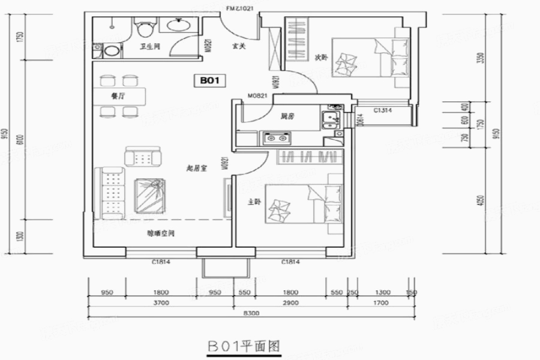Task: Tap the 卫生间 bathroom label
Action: [x=149, y=46]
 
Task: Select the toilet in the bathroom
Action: [x=143, y=29]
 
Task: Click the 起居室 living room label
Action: [x=196, y=170]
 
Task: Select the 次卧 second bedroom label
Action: [x=321, y=58]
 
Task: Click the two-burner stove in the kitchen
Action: [x=275, y=139]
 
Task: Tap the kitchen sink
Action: [x=329, y=118]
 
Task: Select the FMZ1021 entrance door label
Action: [x=241, y=8]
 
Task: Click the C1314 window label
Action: [x=383, y=111]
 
